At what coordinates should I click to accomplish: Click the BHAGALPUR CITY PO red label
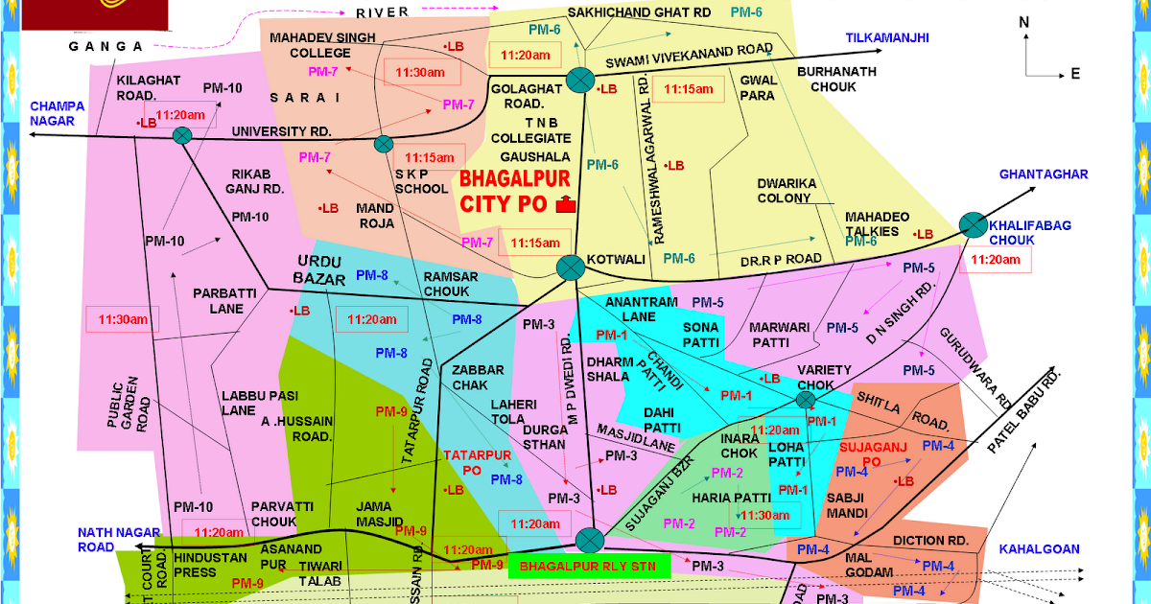(x=514, y=191)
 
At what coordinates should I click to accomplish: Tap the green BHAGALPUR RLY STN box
(x=587, y=566)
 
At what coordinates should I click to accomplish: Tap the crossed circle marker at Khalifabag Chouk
(x=973, y=225)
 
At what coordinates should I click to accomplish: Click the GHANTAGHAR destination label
(x=1043, y=174)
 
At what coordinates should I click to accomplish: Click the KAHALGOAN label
(x=1039, y=549)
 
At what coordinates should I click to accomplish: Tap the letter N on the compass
(x=1024, y=22)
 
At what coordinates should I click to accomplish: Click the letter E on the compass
(x=1075, y=74)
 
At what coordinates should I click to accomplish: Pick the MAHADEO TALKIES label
(x=871, y=224)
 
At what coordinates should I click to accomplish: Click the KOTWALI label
(x=618, y=260)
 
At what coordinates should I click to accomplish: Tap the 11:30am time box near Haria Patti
(x=765, y=515)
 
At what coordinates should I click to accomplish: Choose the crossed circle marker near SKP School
(x=383, y=144)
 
